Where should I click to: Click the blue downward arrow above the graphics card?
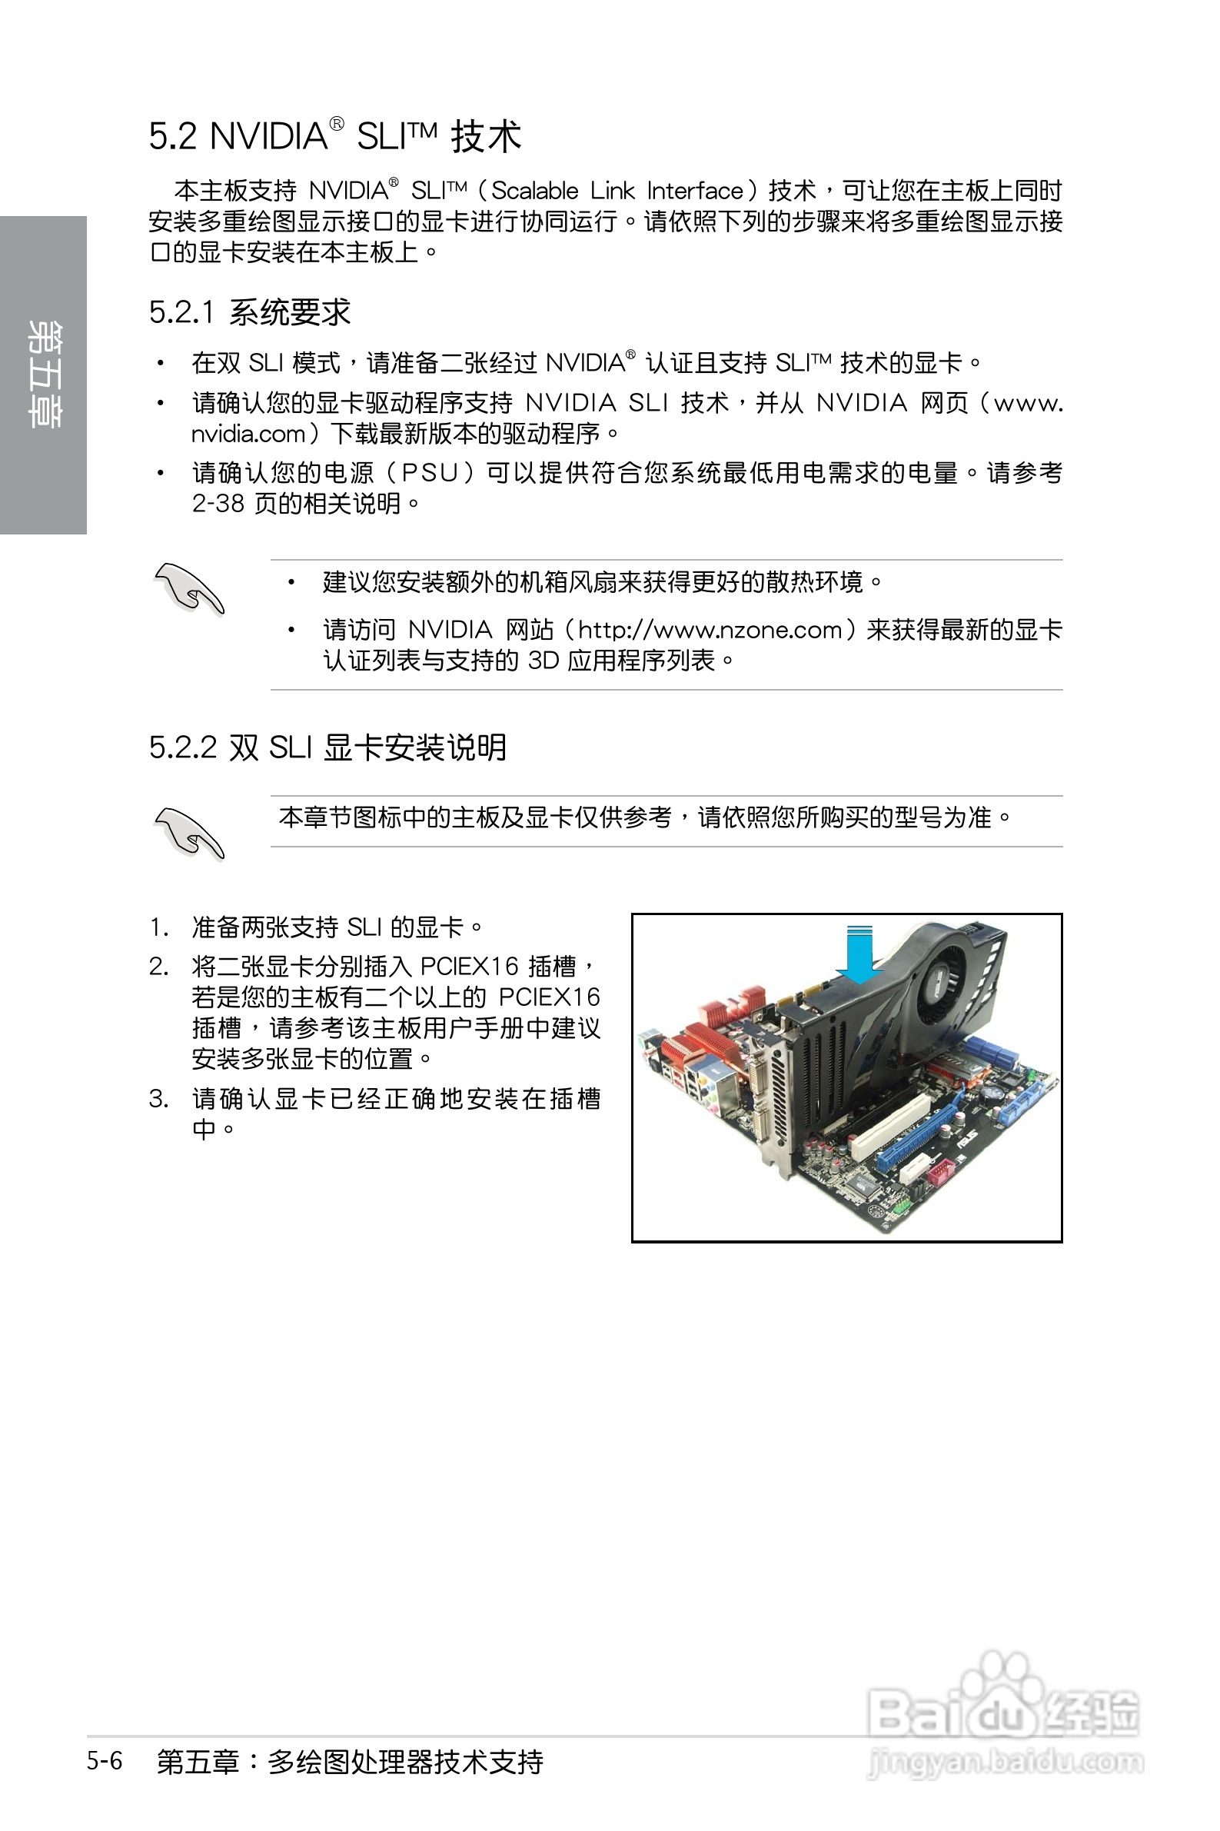pyautogui.click(x=859, y=954)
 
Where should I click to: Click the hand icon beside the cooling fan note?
pyautogui.click(x=189, y=588)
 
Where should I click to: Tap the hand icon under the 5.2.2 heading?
pyautogui.click(x=189, y=834)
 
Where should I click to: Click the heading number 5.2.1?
pyautogui.click(x=181, y=313)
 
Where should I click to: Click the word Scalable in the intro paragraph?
pyautogui.click(x=534, y=191)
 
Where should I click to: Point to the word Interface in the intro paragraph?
pyautogui.click(x=695, y=191)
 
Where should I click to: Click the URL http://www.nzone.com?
pyautogui.click(x=710, y=630)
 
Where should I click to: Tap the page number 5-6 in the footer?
pyautogui.click(x=105, y=1760)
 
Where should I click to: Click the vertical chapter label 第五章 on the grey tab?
pyautogui.click(x=43, y=375)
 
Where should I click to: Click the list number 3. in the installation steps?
pyautogui.click(x=158, y=1099)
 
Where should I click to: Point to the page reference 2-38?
pyautogui.click(x=218, y=504)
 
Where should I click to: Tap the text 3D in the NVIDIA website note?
pyautogui.click(x=543, y=661)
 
